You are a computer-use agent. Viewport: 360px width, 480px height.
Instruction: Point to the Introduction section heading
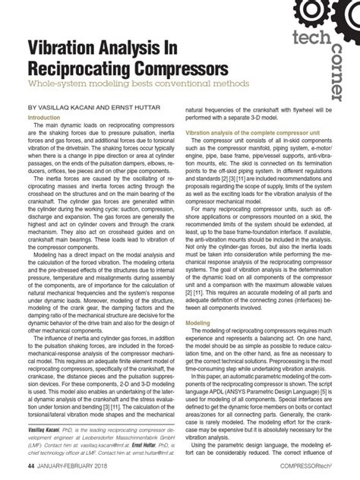[x=47, y=118]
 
